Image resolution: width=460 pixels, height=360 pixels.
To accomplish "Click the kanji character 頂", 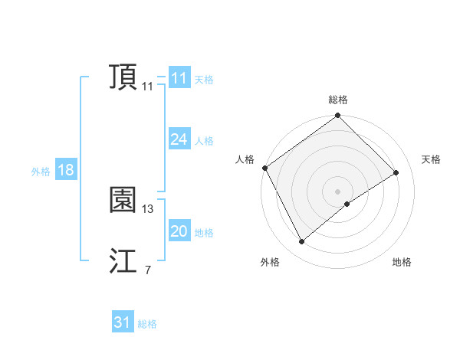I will (123, 78).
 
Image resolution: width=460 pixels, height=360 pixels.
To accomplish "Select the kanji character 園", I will (123, 200).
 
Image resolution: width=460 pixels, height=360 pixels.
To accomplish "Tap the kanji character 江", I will (123, 261).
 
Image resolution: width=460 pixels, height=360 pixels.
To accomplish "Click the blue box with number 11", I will (179, 78).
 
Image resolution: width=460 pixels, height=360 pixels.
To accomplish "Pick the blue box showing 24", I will (179, 139).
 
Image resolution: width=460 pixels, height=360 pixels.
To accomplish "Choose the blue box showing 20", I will (179, 231).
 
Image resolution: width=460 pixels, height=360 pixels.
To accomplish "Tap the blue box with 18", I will (65, 170).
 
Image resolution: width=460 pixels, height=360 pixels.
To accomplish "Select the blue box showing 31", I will (122, 322).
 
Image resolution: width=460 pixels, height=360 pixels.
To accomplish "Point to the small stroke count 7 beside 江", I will (147, 270).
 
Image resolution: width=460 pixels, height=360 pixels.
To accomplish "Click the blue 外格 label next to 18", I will (41, 172).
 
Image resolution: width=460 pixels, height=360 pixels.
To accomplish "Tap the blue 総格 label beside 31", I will (147, 324).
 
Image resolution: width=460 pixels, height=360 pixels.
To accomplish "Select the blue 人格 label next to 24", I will (204, 141).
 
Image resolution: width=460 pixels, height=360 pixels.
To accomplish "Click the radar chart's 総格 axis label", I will (337, 100).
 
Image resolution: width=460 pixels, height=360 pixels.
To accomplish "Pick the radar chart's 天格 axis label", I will (431, 159).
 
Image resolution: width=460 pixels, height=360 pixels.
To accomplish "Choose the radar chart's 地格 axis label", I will (402, 262).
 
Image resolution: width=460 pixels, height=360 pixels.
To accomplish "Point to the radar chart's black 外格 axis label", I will (269, 262).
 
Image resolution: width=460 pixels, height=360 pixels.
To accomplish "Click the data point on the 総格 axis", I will (337, 116).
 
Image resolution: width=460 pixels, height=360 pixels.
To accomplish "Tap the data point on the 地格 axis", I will (347, 204).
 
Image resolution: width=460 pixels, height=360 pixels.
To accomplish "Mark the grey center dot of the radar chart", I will (337, 190).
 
